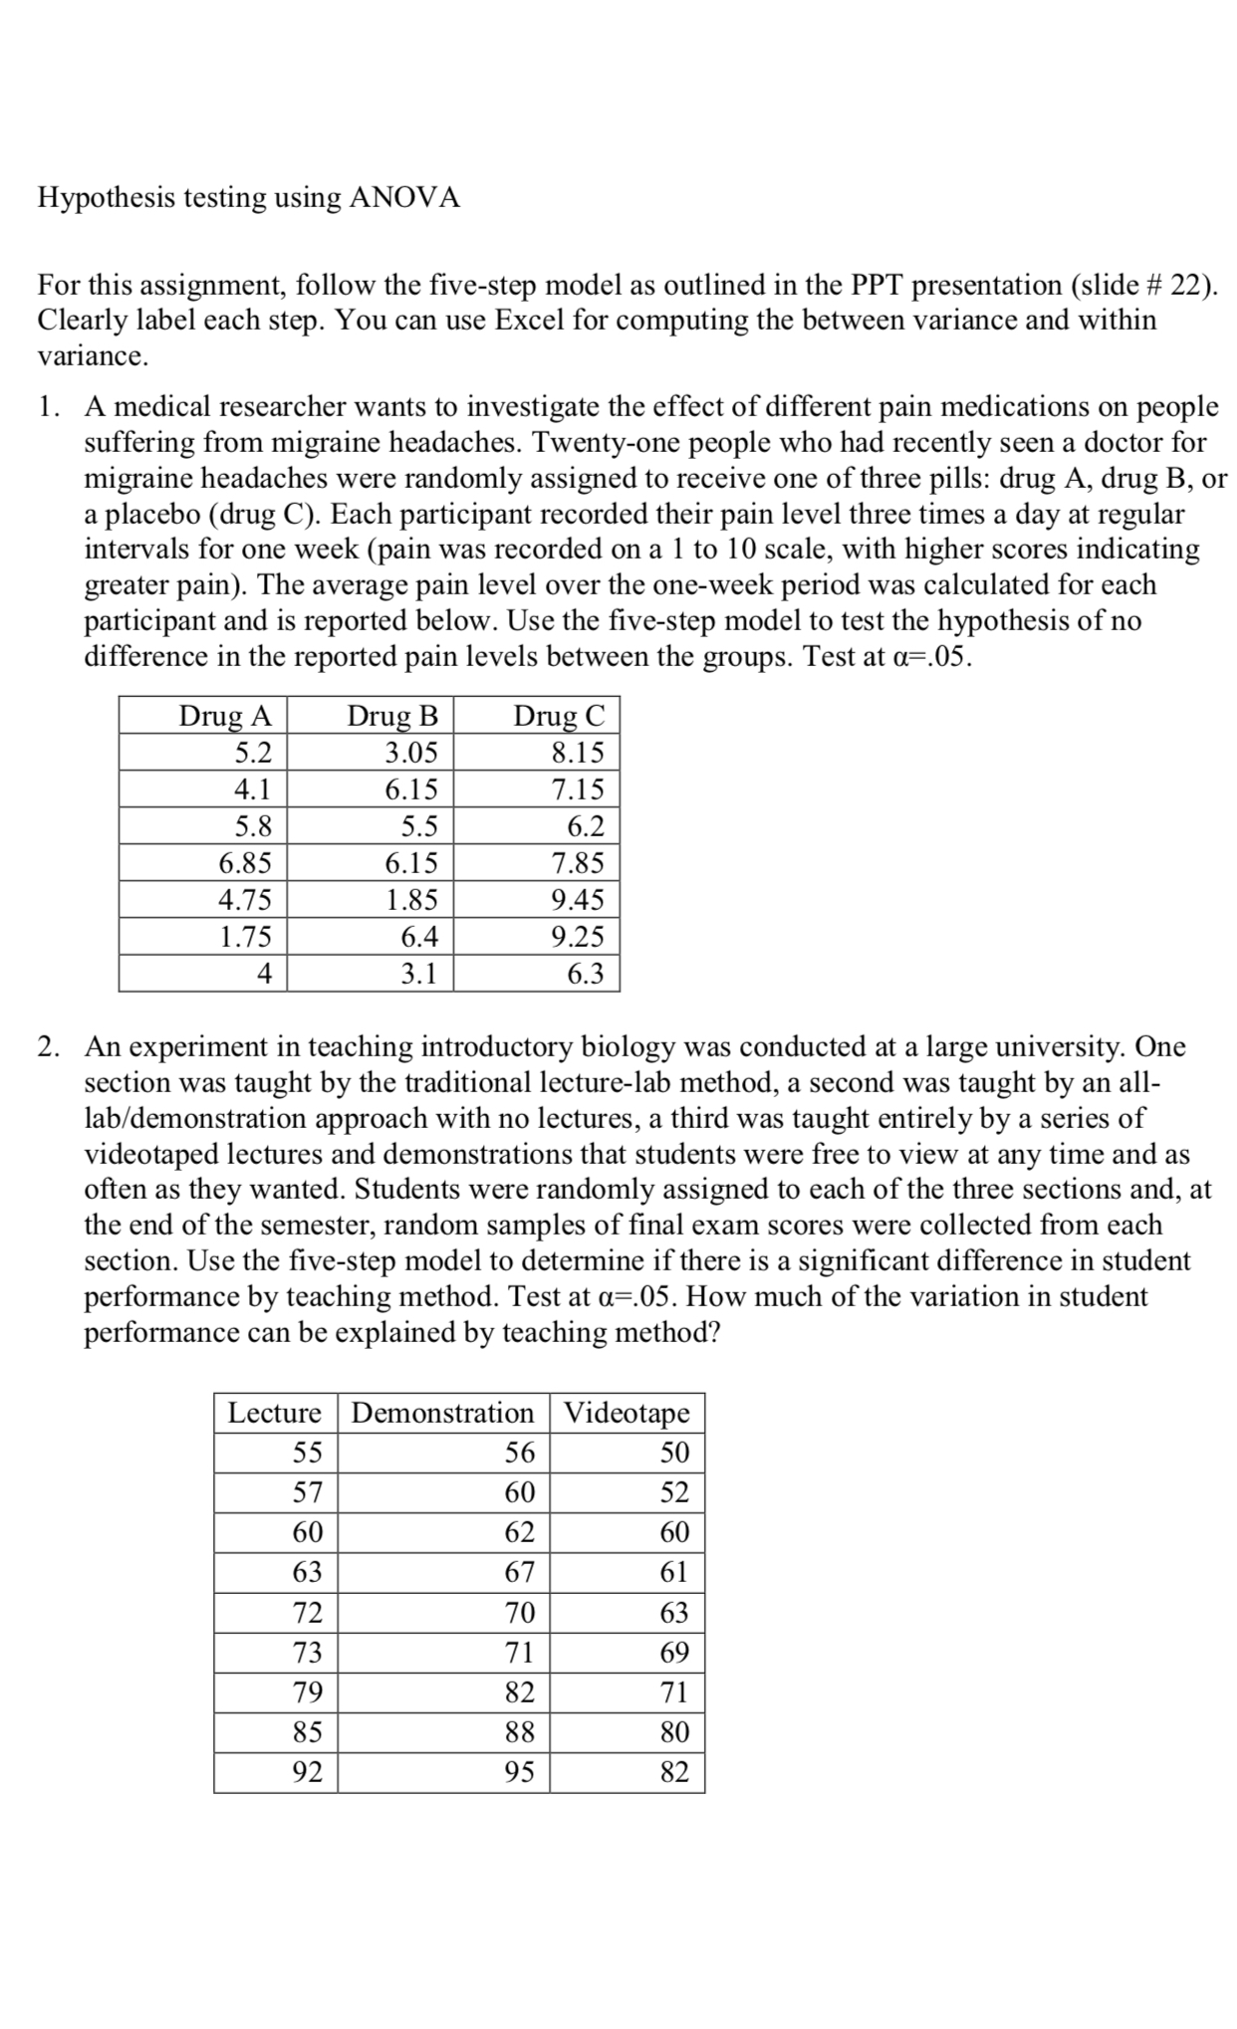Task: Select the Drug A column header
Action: (x=224, y=716)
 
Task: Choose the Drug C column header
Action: (x=558, y=716)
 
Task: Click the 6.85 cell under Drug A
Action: (x=245, y=862)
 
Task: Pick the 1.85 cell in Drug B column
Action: (x=411, y=899)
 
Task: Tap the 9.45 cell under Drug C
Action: (x=578, y=899)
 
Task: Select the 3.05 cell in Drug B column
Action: (x=411, y=752)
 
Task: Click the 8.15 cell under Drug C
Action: (x=578, y=752)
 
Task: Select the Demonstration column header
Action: (x=443, y=1413)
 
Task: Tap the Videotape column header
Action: (x=626, y=1413)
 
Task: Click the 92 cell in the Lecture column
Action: (x=307, y=1772)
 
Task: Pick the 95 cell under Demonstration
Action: (x=519, y=1772)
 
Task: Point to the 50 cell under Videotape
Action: (x=674, y=1453)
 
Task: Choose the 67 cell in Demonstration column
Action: (x=519, y=1572)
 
